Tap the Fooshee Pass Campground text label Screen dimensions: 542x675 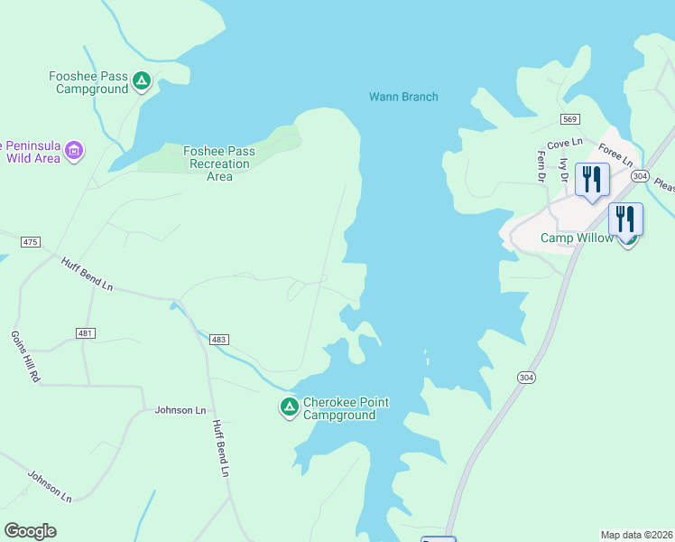(88, 82)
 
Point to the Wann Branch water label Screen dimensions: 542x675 (403, 97)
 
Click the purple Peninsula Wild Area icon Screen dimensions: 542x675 (74, 150)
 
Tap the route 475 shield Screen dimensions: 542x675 (32, 242)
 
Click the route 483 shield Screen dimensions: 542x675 (219, 339)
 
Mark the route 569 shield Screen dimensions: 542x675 (569, 119)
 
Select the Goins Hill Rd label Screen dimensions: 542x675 (23, 354)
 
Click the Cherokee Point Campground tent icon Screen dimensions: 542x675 (289, 408)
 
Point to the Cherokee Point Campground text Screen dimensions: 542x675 (338, 408)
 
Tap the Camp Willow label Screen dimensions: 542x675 (577, 238)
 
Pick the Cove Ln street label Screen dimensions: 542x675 (565, 144)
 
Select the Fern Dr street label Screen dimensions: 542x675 (542, 167)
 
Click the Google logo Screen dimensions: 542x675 (31, 531)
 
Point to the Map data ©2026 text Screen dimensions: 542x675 (636, 534)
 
